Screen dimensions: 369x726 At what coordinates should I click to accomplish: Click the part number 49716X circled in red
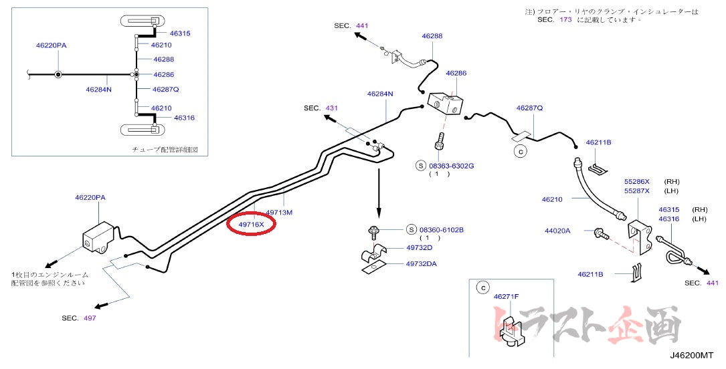pos(252,224)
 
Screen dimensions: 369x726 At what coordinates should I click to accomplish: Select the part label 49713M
pos(280,213)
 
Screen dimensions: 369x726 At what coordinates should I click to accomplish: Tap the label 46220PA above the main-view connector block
pos(90,197)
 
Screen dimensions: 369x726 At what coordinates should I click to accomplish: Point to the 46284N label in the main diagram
pos(380,94)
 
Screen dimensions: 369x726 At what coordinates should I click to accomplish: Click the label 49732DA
pos(421,263)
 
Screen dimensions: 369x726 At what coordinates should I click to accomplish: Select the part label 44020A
pos(557,231)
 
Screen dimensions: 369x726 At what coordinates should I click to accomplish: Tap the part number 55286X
pos(637,181)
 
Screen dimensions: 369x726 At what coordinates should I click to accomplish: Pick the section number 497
pos(90,318)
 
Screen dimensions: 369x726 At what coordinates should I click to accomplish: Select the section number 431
pos(332,108)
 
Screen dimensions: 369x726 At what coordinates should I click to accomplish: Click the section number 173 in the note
pos(565,20)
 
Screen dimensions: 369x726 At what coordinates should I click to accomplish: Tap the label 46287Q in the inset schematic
pos(165,89)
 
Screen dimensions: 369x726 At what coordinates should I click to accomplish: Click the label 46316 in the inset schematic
pos(184,118)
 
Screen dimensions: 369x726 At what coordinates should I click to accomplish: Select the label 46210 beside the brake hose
pos(552,199)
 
